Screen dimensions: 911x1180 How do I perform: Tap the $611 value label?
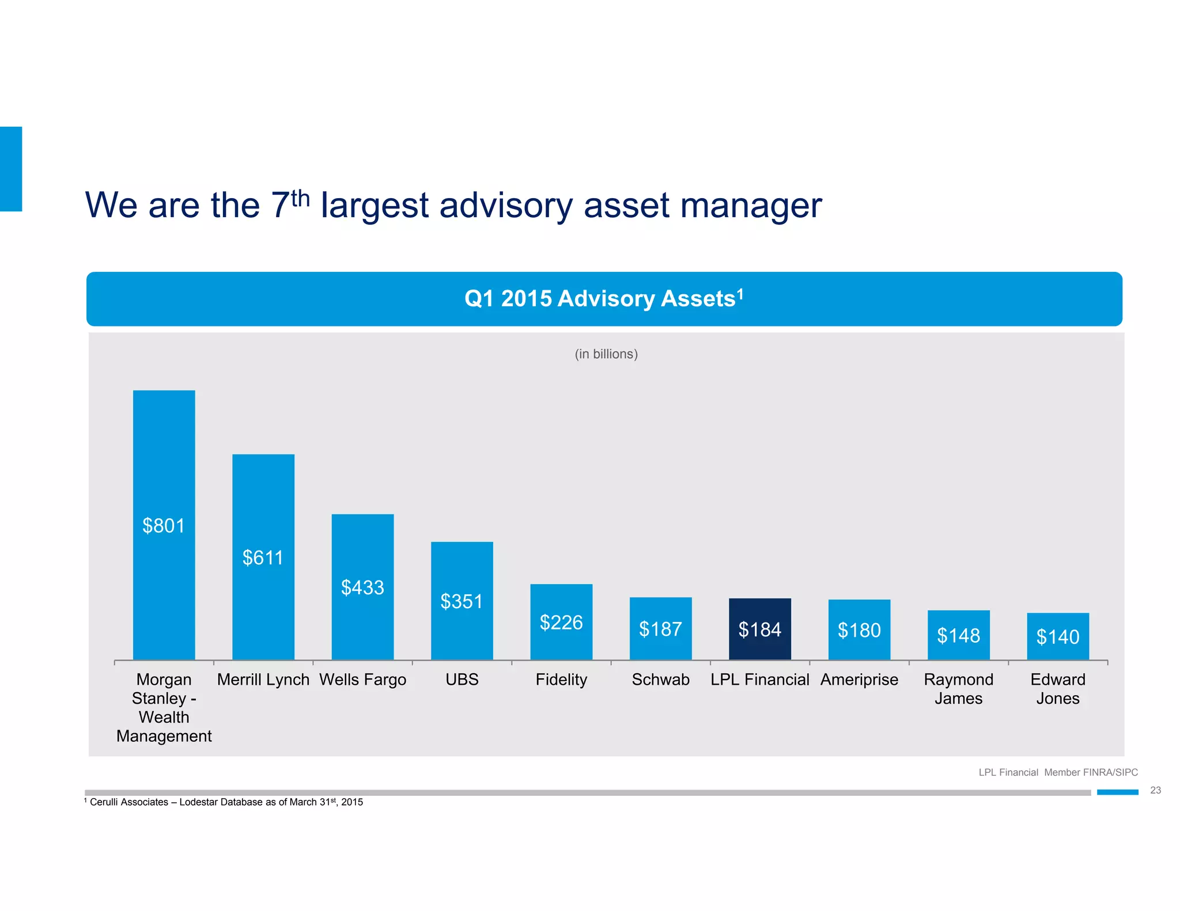point(263,557)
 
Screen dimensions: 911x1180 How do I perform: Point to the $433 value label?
point(362,587)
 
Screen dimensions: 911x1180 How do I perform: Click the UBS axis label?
point(462,680)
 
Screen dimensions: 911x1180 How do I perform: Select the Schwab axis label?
point(660,680)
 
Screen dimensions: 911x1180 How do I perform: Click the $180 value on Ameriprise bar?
point(859,630)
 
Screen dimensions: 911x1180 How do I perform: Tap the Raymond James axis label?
point(958,689)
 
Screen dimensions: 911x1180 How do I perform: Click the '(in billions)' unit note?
point(606,354)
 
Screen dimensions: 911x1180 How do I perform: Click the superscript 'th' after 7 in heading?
point(300,199)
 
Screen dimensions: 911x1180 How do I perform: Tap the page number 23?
point(1155,790)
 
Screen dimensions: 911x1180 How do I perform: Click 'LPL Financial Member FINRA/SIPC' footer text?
point(1058,772)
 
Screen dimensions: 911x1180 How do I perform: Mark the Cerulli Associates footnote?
point(225,802)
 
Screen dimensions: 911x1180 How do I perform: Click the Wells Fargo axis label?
point(362,680)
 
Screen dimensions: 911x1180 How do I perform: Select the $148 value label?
point(958,635)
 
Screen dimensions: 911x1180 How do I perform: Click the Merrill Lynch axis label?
point(263,680)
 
